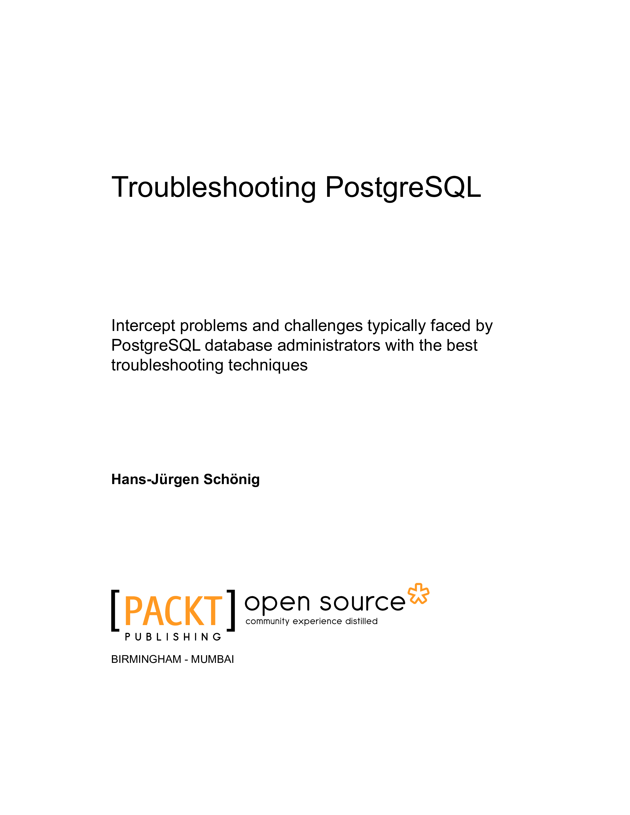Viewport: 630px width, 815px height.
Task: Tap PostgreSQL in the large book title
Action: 403,188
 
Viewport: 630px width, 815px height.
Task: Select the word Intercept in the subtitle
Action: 143,326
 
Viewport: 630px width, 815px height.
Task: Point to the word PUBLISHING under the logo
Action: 173,637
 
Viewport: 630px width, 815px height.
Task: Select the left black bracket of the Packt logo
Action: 115,611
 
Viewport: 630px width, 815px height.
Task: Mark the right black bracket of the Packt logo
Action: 231,611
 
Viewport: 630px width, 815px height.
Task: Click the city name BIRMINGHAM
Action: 146,659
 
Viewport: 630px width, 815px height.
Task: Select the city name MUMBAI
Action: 212,659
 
